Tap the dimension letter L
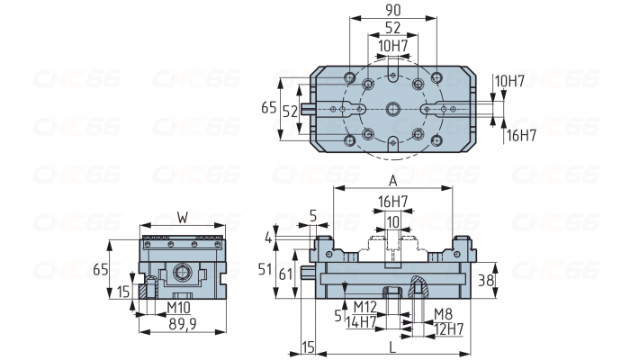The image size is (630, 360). [x=392, y=346]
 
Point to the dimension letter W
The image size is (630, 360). [x=183, y=217]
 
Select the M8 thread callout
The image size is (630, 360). [x=443, y=314]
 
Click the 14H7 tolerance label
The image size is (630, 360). [x=362, y=321]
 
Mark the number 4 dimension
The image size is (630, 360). [x=269, y=238]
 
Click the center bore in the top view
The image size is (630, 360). [x=392, y=108]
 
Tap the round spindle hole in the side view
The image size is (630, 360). [x=183, y=272]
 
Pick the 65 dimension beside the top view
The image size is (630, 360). [x=267, y=108]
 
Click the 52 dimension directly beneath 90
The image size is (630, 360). [x=392, y=29]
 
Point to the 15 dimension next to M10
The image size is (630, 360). [x=122, y=291]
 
